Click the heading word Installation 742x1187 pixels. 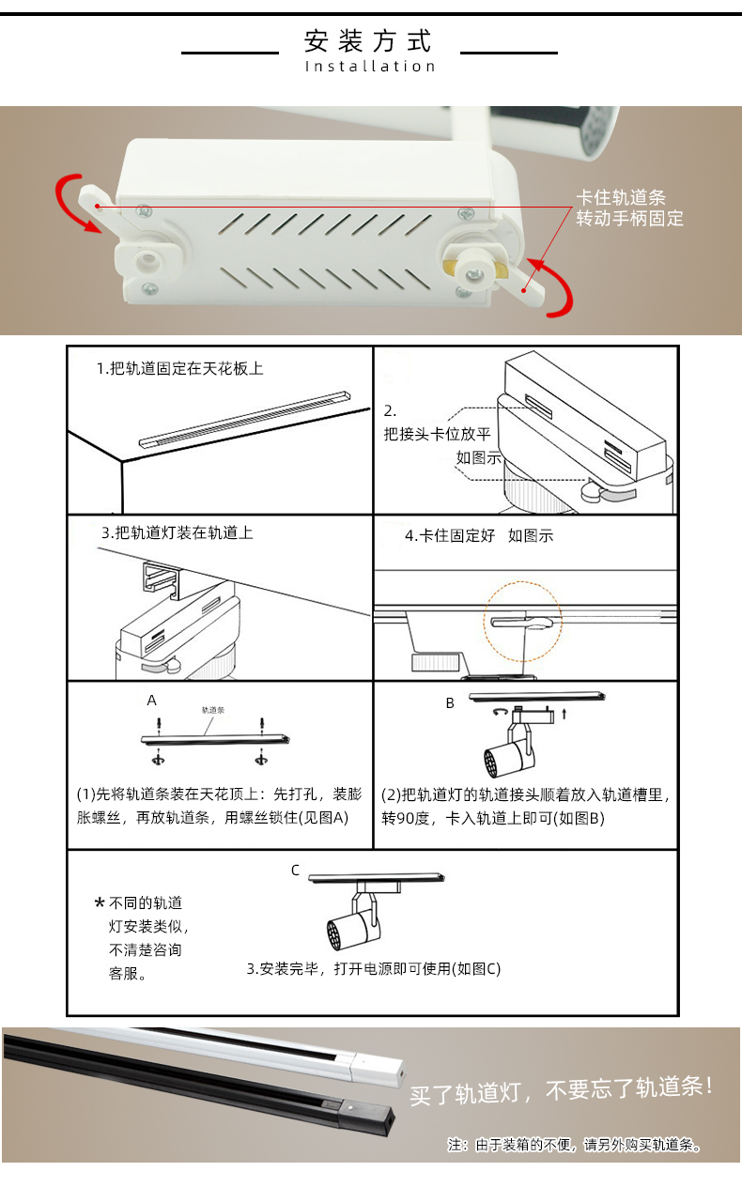pos(370,67)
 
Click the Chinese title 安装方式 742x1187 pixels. pos(368,40)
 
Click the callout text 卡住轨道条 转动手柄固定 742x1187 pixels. pos(629,208)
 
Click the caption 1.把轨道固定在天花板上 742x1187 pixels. pos(179,368)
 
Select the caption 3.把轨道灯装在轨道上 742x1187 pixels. pos(177,532)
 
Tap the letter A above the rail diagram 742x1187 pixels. pos(151,701)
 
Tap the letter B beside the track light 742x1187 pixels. pos(450,703)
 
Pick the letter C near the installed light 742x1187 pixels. pos(295,871)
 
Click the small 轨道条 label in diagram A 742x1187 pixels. pos(213,710)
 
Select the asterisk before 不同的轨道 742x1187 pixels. pos(100,902)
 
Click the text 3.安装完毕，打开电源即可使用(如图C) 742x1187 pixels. pos(374,969)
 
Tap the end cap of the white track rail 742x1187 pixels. pos(378,1069)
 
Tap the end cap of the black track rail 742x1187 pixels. pos(368,1118)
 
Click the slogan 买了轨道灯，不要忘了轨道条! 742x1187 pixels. pos(562,1090)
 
